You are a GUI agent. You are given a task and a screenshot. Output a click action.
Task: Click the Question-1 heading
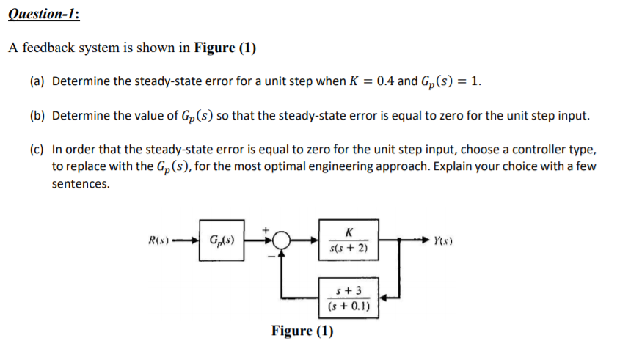45,13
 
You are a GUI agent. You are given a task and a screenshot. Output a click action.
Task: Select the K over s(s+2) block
349,239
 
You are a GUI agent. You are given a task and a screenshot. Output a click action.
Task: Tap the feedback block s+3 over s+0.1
349,297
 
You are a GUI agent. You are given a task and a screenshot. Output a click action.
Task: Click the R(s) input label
159,239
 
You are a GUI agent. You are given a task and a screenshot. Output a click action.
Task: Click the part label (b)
37,116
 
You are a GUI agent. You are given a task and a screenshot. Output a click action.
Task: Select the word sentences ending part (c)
81,184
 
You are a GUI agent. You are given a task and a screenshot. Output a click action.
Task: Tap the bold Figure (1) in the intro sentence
225,49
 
